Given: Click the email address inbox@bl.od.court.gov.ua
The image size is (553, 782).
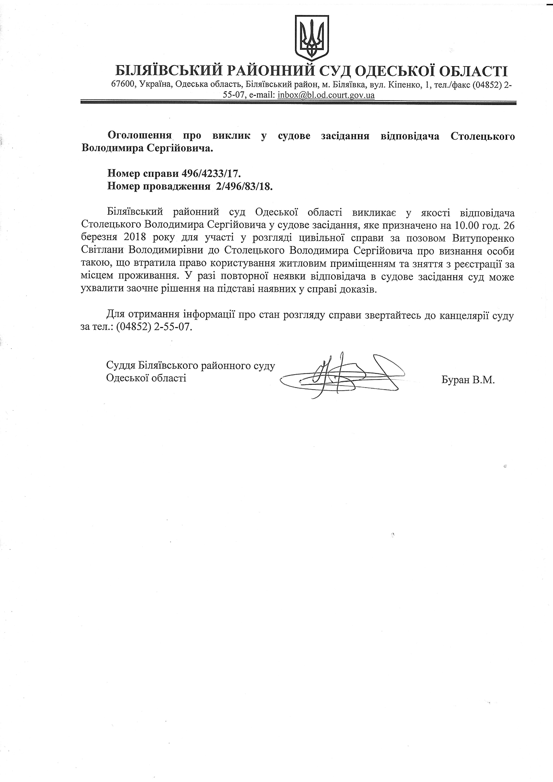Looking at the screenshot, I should coord(326,95).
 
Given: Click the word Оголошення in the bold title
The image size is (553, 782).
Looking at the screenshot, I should coord(139,136).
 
